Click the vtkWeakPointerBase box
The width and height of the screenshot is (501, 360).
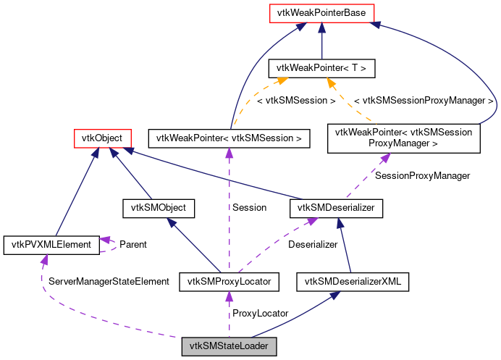pyautogui.click(x=321, y=12)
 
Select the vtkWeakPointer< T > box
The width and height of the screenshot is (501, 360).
pyautogui.click(x=321, y=69)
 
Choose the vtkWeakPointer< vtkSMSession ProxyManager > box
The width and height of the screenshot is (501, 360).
pyautogui.click(x=404, y=138)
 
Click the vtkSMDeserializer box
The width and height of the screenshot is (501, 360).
pyautogui.click(x=336, y=208)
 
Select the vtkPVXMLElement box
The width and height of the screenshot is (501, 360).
pyautogui.click(x=51, y=245)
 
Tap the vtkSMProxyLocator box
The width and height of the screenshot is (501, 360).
pyautogui.click(x=230, y=282)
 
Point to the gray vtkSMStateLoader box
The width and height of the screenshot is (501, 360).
pyautogui.click(x=229, y=346)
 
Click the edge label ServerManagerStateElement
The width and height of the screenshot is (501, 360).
pyautogui.click(x=108, y=280)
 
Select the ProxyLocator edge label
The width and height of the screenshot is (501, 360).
pyautogui.click(x=260, y=313)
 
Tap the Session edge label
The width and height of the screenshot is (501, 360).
pyautogui.click(x=249, y=207)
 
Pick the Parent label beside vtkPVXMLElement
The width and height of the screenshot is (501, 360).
pyautogui.click(x=132, y=244)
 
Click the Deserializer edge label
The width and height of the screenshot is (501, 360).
pyautogui.click(x=313, y=244)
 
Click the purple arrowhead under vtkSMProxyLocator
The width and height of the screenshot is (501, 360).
pyautogui.click(x=229, y=296)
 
